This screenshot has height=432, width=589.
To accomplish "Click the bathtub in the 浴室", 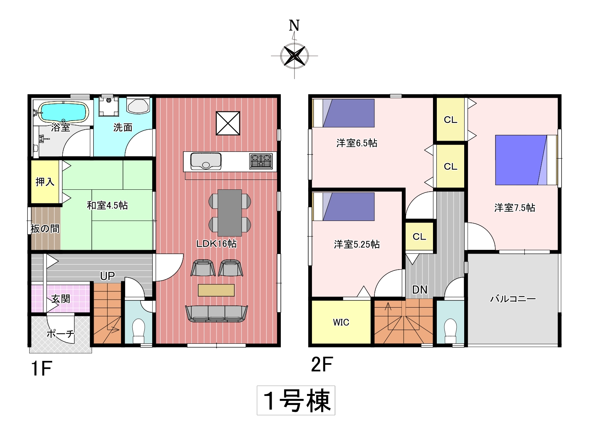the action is pyautogui.click(x=64, y=112).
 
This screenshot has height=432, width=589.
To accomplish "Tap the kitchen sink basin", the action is pyautogui.click(x=206, y=161).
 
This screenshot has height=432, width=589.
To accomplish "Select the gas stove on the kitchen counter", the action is pyautogui.click(x=261, y=161).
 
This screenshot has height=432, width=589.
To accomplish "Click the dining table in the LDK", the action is pyautogui.click(x=229, y=213).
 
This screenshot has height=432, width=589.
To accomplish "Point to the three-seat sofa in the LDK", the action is pyautogui.click(x=216, y=313).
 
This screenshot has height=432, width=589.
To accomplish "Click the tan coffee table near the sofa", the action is pyautogui.click(x=216, y=290).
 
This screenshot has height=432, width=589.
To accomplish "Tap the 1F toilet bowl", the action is pyautogui.click(x=138, y=330).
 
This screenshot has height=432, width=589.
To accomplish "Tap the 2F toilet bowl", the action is pyautogui.click(x=450, y=330).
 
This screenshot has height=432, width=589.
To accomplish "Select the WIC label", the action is pyautogui.click(x=341, y=322).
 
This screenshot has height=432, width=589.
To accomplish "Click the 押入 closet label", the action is pyautogui.click(x=45, y=182).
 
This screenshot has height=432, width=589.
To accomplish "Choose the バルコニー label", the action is pyautogui.click(x=513, y=299).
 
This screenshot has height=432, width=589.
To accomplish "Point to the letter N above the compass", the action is pyautogui.click(x=294, y=25).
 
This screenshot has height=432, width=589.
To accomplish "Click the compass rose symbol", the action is pyautogui.click(x=294, y=56).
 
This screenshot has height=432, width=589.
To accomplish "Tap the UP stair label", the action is pyautogui.click(x=108, y=276).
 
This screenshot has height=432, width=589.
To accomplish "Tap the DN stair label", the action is pyautogui.click(x=420, y=290).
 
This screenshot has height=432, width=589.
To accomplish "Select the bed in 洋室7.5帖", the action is pyautogui.click(x=526, y=160).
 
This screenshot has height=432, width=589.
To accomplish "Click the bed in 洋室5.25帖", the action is pyautogui.click(x=344, y=206).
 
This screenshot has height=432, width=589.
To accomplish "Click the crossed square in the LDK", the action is pyautogui.click(x=228, y=123).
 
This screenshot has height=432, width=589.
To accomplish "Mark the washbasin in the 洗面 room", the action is pyautogui.click(x=138, y=105).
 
